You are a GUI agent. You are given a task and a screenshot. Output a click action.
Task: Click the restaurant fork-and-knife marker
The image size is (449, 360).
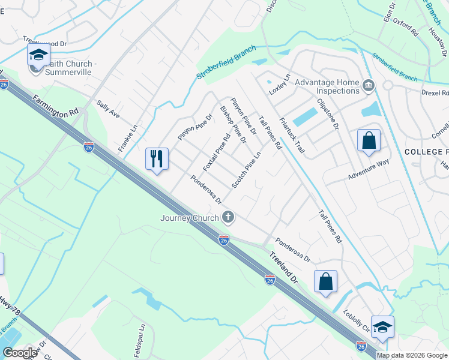pos(157,159)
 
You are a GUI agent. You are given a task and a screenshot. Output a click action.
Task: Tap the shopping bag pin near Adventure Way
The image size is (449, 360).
pos(369,141)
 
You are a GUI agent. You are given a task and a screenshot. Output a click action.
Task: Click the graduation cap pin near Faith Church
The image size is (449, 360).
pos(38,55)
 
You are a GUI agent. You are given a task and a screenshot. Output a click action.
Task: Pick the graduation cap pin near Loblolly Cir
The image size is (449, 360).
pos(382,327)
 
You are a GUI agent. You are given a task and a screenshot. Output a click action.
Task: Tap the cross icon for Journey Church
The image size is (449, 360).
pos(228,217)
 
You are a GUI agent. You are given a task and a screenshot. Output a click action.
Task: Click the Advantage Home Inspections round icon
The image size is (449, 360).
pos(369,87)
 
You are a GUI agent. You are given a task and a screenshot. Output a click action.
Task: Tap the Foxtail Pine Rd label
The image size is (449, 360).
pos(217,153)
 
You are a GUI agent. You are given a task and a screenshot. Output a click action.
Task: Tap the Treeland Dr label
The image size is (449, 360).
pos(282,267)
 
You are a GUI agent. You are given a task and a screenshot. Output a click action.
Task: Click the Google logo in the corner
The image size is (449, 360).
pos(20,353)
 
